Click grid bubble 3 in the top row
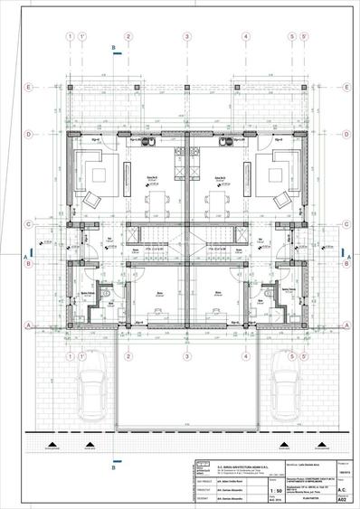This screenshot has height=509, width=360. coord(186,37)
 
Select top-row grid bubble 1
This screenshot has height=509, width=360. coord(69,37)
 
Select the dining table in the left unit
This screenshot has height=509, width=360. coord(156,199)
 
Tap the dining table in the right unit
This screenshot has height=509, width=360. coord(218,199)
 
